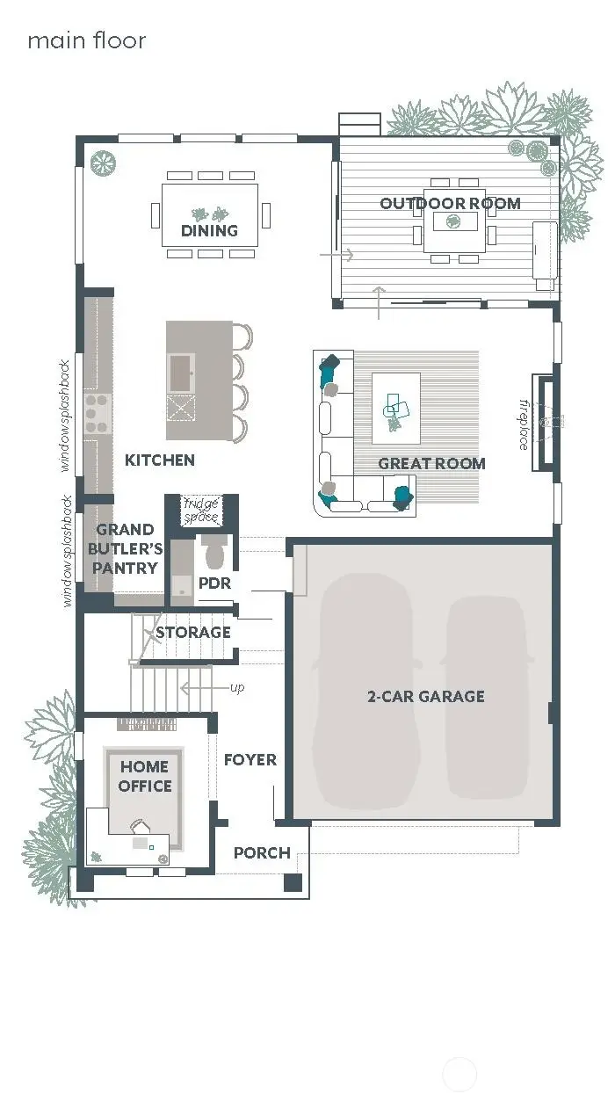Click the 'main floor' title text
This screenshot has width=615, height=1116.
(x=86, y=40)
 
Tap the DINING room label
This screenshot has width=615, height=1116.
(x=209, y=231)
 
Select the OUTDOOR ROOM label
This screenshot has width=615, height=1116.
(x=450, y=203)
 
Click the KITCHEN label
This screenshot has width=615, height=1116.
(x=159, y=460)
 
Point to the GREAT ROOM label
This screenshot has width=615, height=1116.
(x=431, y=463)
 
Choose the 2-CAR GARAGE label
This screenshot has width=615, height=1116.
(x=425, y=696)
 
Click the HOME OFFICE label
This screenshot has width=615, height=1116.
(x=145, y=777)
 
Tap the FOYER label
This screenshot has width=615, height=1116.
(x=250, y=759)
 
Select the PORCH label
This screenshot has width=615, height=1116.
(x=262, y=852)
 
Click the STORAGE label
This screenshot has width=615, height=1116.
(x=192, y=632)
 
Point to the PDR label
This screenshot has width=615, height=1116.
(x=214, y=583)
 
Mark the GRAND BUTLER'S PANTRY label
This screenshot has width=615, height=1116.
(x=126, y=548)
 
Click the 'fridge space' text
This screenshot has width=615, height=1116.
(x=200, y=511)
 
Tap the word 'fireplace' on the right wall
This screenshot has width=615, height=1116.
(x=524, y=425)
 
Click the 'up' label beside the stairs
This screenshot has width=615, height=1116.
(x=237, y=687)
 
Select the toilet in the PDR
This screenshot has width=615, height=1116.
(x=214, y=552)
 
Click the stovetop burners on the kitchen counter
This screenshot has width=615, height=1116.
(x=97, y=413)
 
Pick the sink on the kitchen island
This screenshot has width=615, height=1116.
(x=181, y=370)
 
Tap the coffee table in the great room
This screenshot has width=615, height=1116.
(x=395, y=408)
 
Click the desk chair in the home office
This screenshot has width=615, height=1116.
(x=140, y=827)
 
